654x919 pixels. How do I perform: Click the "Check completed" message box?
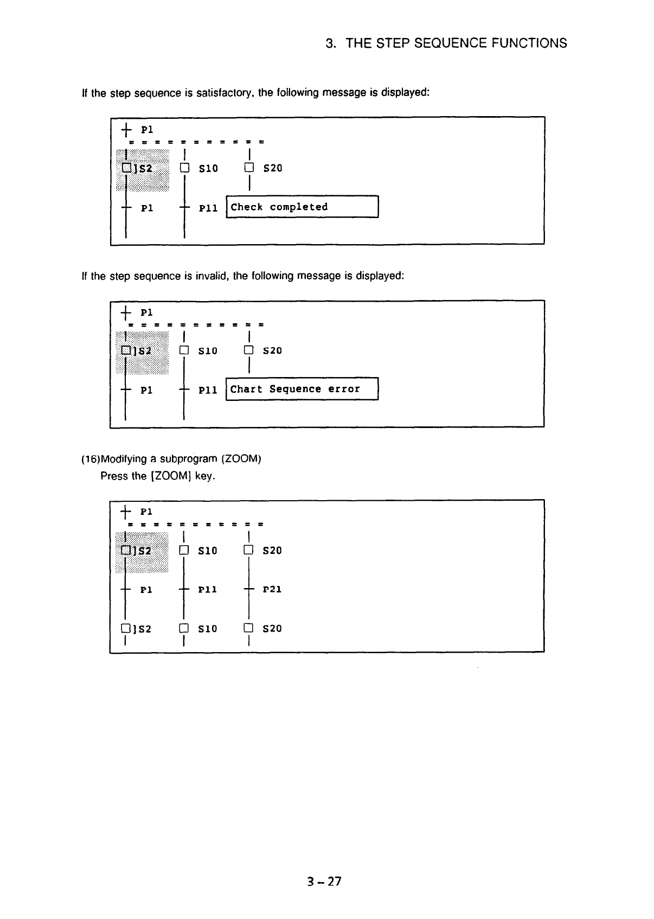coord(302,207)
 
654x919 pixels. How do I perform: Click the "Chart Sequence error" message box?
coord(302,389)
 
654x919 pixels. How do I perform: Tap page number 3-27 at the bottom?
coord(324,881)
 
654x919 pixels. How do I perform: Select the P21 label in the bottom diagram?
coord(272,589)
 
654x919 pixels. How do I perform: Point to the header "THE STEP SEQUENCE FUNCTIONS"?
coord(456,43)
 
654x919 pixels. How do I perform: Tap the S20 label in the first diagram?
coord(272,168)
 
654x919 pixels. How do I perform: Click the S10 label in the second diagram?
coord(208,351)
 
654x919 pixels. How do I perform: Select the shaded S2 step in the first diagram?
coord(141,169)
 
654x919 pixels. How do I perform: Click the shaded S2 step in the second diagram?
coord(141,351)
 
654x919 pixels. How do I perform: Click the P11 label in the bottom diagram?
coord(208,589)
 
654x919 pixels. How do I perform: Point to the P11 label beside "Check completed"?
coord(208,208)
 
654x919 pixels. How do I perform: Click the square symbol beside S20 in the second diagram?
coord(248,350)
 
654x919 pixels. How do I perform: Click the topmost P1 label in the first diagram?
coord(146,130)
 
